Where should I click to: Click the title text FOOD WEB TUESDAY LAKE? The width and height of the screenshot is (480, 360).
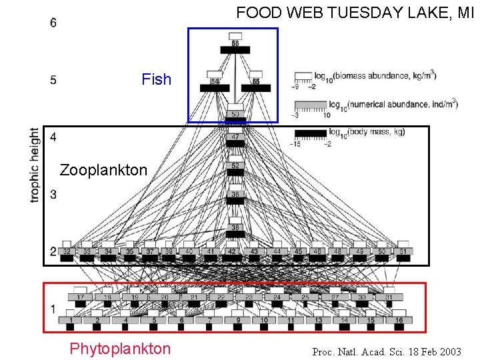354,13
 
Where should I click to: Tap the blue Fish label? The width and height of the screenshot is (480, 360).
157,79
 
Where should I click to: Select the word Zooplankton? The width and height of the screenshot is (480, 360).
103,170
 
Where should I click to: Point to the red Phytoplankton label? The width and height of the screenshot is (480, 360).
120,349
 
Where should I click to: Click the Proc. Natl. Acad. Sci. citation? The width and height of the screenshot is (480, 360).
387,351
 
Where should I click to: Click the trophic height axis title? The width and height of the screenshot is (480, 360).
35,165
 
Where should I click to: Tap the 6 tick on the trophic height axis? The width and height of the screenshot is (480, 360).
53,23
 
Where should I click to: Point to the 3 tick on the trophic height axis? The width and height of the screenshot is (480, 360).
53,194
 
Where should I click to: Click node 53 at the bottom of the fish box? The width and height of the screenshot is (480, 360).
235,114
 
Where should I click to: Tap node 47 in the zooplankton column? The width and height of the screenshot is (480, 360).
235,137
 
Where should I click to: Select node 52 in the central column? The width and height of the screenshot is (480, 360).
235,166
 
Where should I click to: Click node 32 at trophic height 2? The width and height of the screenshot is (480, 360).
67,251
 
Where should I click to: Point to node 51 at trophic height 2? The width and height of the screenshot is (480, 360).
403,251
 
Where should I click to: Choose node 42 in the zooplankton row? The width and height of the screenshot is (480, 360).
232,251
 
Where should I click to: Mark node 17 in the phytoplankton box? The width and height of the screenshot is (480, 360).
81,297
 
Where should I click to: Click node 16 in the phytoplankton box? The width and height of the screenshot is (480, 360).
399,320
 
